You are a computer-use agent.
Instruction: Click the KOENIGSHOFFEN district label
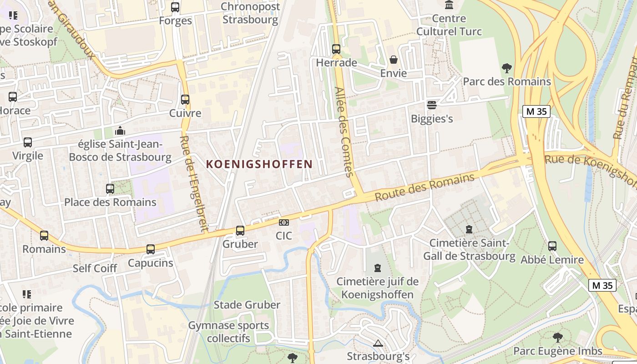[259, 164]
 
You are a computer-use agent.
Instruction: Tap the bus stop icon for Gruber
[240, 231]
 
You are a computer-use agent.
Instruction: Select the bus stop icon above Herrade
[336, 49]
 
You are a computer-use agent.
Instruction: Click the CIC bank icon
[284, 222]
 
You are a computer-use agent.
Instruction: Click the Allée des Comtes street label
[344, 132]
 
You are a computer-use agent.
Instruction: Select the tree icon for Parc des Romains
[506, 68]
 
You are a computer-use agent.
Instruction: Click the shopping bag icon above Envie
[394, 60]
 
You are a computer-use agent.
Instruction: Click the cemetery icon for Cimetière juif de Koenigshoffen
[377, 268]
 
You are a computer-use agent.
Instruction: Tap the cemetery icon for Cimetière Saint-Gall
[469, 229]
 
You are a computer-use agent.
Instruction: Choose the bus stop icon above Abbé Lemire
[552, 246]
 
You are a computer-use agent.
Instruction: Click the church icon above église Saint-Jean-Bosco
[120, 131]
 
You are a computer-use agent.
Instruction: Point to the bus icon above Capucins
[151, 249]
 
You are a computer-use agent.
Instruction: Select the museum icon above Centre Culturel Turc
[449, 5]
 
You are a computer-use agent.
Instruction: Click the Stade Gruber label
[247, 305]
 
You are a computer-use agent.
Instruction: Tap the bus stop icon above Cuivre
[185, 100]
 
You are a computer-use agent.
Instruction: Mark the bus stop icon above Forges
[175, 7]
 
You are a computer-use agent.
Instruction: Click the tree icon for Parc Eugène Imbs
[558, 337]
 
